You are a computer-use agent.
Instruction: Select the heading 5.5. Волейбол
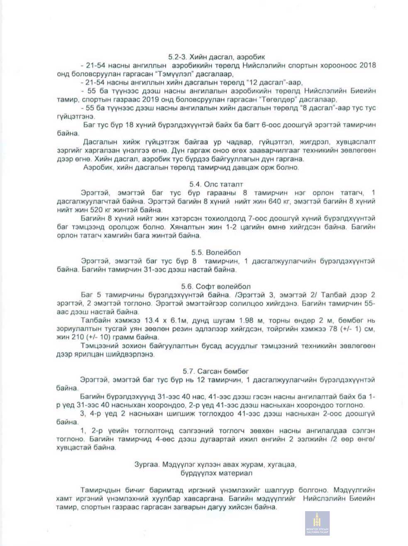pos(216,252)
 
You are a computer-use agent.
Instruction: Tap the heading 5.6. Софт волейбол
pos(216,286)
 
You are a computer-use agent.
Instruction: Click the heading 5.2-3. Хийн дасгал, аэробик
pos(216,57)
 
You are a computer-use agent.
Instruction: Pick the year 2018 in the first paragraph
pos(367,66)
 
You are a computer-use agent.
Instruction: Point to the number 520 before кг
pos(96,210)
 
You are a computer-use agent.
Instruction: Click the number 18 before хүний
pos(130,125)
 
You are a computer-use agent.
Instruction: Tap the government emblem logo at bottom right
pos(317,523)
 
